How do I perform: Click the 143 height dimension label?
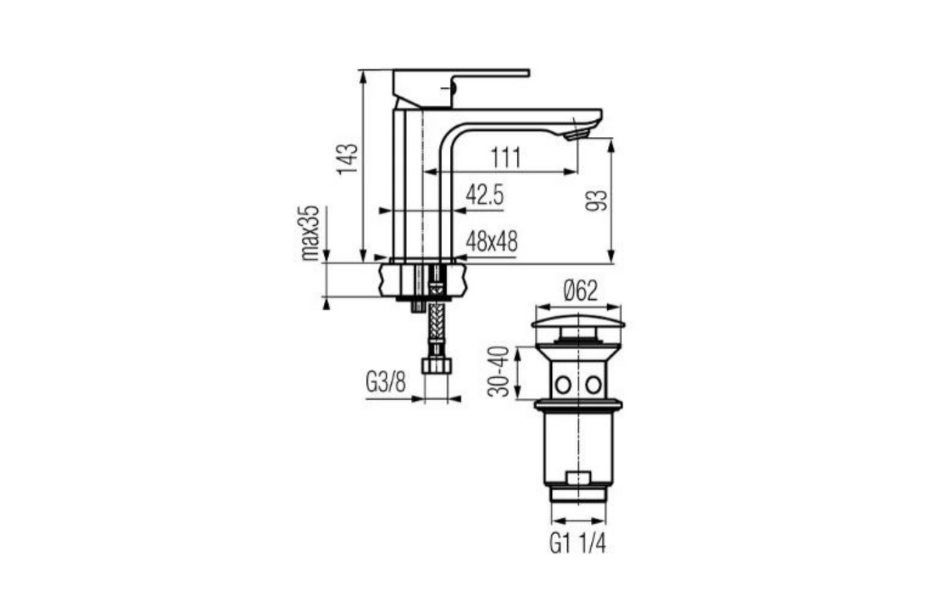coord(348,159)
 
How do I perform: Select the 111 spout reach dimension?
coord(505,158)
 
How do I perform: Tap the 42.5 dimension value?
coord(484,195)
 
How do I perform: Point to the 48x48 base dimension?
coord(492,241)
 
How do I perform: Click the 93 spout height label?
coord(597,201)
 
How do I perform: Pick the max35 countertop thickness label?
coord(311,234)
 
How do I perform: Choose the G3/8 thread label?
coord(386,383)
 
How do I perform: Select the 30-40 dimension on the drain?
coord(498,371)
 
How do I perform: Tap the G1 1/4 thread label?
coord(578,543)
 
